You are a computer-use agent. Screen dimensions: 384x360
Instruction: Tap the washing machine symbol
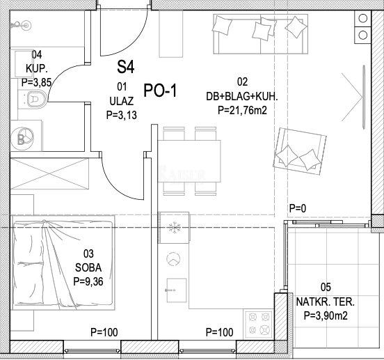tap(22, 139)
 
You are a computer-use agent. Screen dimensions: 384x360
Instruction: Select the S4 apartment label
tap(126, 67)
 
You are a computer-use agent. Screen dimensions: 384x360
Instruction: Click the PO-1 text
tap(160, 91)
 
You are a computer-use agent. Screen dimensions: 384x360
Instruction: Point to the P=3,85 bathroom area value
tap(36, 83)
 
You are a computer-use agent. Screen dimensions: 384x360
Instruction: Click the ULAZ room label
tap(122, 101)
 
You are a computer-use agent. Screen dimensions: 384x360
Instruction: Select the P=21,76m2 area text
tap(242, 110)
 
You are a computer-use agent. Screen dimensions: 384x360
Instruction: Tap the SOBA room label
tap(88, 267)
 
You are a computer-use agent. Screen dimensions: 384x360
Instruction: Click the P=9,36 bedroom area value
tap(88, 281)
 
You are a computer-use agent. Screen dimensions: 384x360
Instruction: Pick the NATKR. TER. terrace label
tap(326, 302)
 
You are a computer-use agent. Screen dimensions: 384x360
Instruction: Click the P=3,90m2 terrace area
tap(326, 315)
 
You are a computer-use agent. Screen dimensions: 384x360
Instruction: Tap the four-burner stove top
tap(259, 324)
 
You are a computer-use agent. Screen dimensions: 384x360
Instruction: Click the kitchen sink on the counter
tap(176, 290)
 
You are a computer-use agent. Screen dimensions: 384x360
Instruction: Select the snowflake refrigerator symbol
tap(174, 228)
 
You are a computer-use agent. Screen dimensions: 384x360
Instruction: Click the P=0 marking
tap(298, 208)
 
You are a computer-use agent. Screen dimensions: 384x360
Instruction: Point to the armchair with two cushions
tap(300, 151)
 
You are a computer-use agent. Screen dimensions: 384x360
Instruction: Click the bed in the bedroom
tap(63, 263)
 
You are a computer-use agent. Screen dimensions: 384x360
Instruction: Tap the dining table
tap(189, 161)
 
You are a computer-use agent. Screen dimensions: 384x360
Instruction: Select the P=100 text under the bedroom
tap(104, 332)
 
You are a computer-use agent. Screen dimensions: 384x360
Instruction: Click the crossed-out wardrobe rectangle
tap(49, 174)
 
